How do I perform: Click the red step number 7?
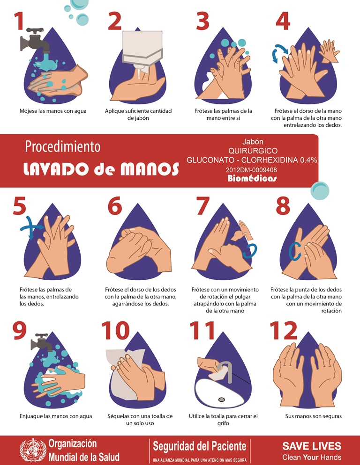click(x=203, y=206)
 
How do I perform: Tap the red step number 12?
click(x=283, y=330)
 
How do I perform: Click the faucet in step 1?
click(x=35, y=40)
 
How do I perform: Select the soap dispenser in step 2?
click(x=142, y=51)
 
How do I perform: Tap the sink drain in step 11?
click(x=221, y=400)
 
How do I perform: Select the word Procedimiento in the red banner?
click(x=63, y=147)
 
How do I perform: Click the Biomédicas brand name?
click(x=252, y=178)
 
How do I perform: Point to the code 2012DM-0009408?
click(x=251, y=170)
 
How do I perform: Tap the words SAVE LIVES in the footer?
click(x=312, y=446)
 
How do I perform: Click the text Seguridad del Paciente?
click(x=200, y=446)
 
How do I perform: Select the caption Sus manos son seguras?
click(x=313, y=416)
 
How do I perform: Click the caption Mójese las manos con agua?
click(x=53, y=111)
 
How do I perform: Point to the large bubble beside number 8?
click(x=320, y=191)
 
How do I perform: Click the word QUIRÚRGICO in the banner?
click(x=253, y=151)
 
